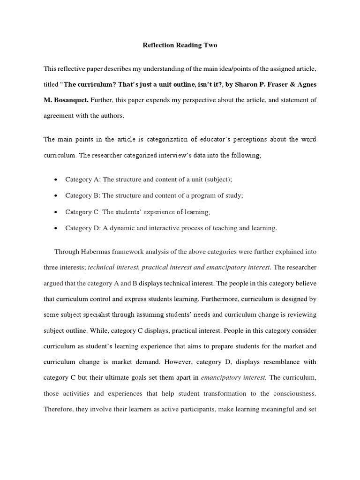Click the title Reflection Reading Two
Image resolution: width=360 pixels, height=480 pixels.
coord(180,45)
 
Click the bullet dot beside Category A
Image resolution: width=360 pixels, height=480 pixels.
coord(56,180)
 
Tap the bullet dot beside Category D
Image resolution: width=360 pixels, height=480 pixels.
coord(56,229)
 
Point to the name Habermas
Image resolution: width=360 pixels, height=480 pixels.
coord(97,252)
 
